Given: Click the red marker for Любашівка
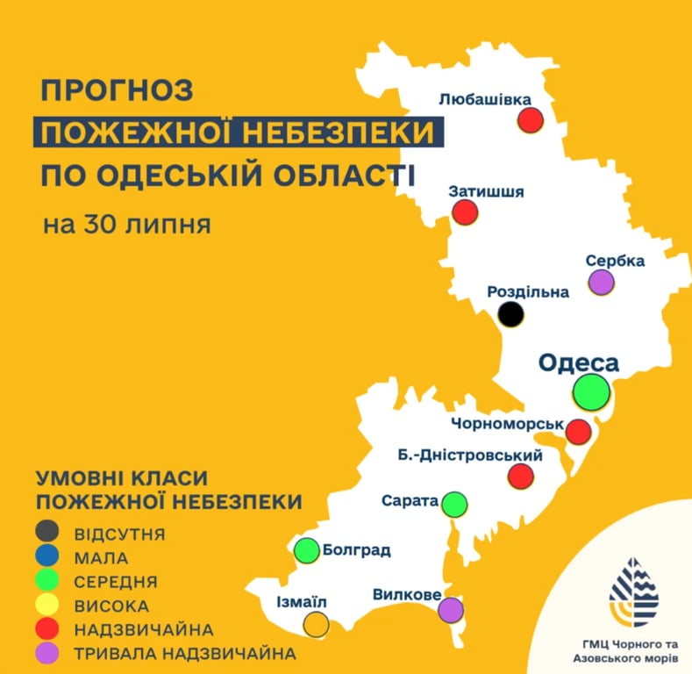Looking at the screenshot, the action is click(x=531, y=119).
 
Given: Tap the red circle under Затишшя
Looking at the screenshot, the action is click(x=465, y=212).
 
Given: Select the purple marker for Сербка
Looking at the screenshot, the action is click(x=601, y=282).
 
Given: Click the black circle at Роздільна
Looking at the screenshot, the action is click(x=511, y=313).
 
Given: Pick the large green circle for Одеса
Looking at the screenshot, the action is click(x=592, y=389).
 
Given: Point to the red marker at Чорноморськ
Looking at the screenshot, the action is click(x=578, y=432).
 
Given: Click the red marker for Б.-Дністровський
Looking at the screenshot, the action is click(x=521, y=476).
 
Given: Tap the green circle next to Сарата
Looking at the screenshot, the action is click(x=454, y=504).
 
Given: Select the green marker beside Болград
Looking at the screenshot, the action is click(x=306, y=550).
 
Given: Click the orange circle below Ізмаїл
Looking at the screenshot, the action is click(x=316, y=624).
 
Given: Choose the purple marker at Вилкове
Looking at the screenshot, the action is click(x=451, y=609).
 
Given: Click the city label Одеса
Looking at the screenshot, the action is click(x=578, y=362).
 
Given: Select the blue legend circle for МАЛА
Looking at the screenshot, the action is click(x=47, y=556).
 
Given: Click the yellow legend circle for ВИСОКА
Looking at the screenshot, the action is click(x=47, y=606).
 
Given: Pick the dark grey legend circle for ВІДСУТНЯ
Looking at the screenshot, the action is click(x=47, y=532).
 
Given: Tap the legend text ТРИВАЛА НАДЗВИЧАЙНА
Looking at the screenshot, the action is click(x=185, y=654).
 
